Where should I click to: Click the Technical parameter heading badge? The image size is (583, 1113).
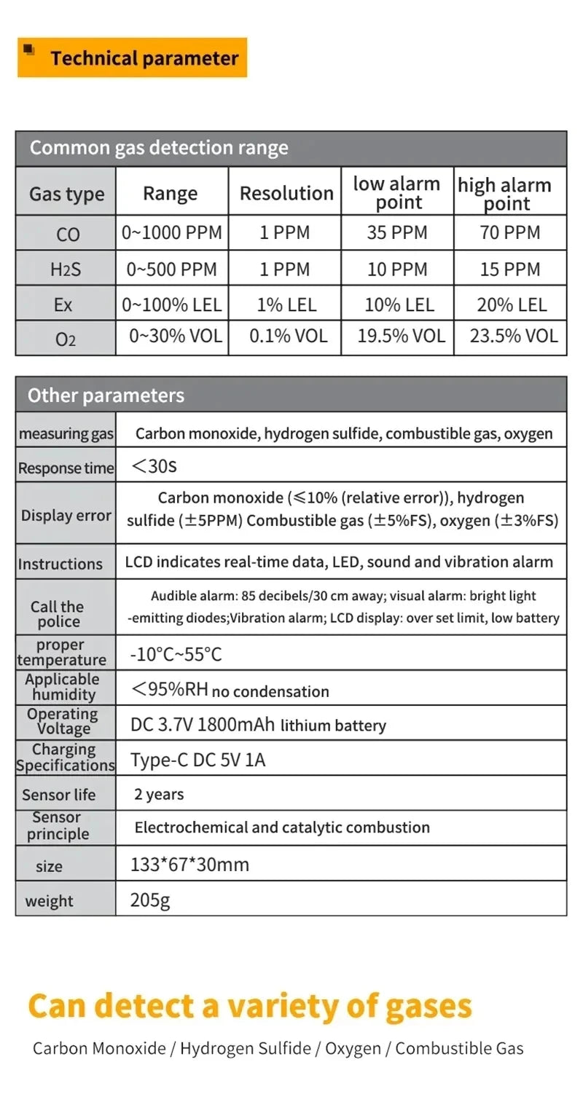pyautogui.click(x=133, y=58)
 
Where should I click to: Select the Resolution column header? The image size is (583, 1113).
pyautogui.click(x=286, y=193)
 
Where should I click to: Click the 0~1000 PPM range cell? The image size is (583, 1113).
pyautogui.click(x=172, y=233)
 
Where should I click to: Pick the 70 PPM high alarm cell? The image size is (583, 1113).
pyautogui.click(x=510, y=233)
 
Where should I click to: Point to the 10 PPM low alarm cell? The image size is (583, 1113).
pyautogui.click(x=397, y=270)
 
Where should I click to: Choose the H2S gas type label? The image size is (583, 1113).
pyautogui.click(x=66, y=270)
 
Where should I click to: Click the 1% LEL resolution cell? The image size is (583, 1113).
pyautogui.click(x=286, y=304)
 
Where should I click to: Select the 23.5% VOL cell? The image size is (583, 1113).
pyautogui.click(x=514, y=336)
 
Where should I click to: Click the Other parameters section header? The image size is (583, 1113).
pyautogui.click(x=106, y=396)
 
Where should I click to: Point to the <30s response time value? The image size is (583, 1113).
pyautogui.click(x=154, y=466)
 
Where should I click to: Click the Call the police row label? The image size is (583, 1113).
pyautogui.click(x=58, y=614)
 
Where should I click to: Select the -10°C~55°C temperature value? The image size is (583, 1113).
pyautogui.click(x=176, y=654)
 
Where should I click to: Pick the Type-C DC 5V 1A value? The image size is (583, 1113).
pyautogui.click(x=197, y=760)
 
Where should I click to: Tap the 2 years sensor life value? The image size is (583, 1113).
pyautogui.click(x=159, y=795)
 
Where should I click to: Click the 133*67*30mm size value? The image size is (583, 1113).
pyautogui.click(x=189, y=865)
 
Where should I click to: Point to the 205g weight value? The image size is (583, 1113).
pyautogui.click(x=150, y=900)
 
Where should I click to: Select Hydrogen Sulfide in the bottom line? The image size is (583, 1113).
pyautogui.click(x=246, y=1049)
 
